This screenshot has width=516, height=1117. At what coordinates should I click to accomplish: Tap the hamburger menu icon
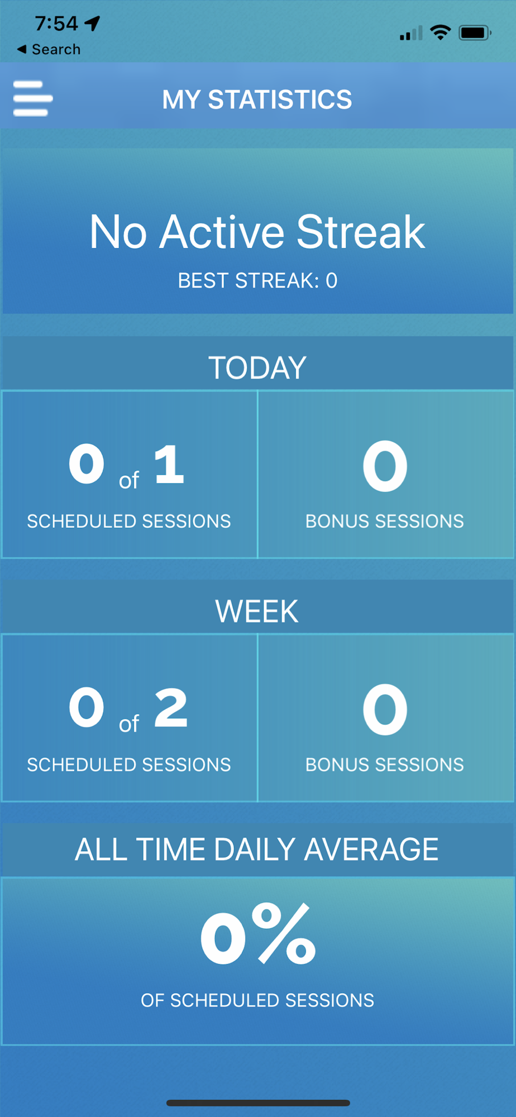[33, 99]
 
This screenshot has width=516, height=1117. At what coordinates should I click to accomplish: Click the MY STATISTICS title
[257, 100]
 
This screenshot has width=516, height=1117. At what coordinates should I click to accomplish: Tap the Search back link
[49, 49]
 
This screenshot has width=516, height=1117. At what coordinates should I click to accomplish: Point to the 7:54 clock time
[56, 23]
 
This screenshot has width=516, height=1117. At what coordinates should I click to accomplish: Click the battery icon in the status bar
[475, 33]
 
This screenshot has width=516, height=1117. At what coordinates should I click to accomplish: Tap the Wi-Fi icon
[441, 33]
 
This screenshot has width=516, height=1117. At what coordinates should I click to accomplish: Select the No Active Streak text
[257, 232]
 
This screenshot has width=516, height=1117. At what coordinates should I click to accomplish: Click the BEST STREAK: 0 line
[257, 280]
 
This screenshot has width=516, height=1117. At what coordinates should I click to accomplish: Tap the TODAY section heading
[257, 367]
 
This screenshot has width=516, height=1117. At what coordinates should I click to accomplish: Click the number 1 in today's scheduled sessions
[169, 464]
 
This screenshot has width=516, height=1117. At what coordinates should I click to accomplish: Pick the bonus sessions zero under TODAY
[385, 466]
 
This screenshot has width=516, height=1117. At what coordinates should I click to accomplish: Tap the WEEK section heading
[257, 611]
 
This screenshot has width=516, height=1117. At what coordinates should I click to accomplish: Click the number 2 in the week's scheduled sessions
[171, 707]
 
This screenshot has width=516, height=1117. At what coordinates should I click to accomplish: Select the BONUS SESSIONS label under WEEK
[385, 765]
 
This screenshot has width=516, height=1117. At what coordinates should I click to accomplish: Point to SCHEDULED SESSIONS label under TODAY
[129, 521]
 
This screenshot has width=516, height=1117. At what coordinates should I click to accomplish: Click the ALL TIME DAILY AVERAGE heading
[257, 849]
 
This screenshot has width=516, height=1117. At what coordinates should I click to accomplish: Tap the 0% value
[258, 934]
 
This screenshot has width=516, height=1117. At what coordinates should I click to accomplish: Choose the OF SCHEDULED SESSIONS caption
[257, 1000]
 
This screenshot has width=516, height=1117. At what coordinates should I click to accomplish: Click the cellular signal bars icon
[411, 34]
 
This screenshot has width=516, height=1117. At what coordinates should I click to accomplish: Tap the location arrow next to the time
[92, 23]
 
